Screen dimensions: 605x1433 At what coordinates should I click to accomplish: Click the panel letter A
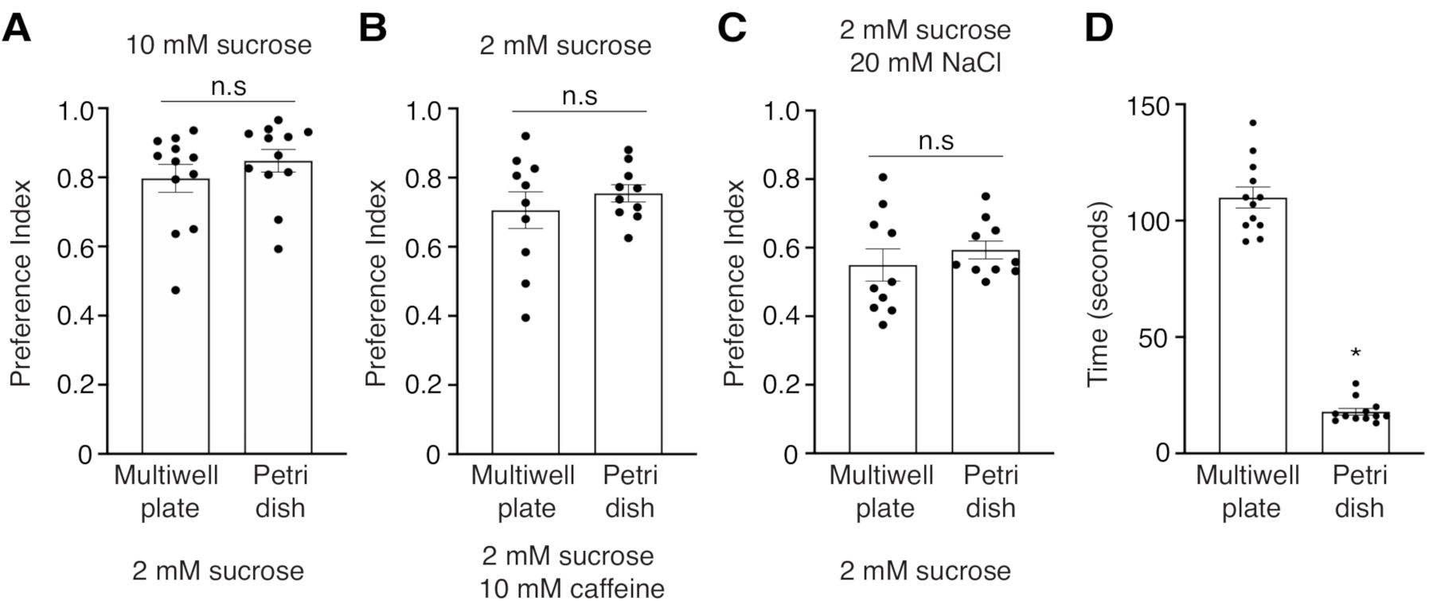click(18, 29)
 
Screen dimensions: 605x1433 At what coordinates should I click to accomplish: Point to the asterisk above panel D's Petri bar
click(1355, 353)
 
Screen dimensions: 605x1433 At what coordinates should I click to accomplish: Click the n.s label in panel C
click(936, 141)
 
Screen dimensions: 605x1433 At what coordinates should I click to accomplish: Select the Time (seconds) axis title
click(1099, 295)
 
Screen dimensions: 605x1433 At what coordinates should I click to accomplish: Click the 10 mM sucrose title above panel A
click(218, 45)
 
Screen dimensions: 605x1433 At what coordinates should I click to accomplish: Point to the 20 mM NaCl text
click(924, 62)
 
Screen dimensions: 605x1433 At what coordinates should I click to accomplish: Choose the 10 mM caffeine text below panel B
click(572, 589)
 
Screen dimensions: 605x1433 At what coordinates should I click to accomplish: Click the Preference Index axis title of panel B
click(376, 283)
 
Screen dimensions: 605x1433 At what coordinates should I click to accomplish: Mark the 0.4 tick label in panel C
click(780, 316)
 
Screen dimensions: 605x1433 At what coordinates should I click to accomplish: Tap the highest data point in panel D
click(1252, 123)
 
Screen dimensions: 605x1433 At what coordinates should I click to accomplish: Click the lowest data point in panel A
click(175, 290)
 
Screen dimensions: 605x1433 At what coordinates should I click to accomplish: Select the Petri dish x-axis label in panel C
click(990, 492)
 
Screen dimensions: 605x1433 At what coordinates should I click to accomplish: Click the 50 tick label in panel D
click(1156, 337)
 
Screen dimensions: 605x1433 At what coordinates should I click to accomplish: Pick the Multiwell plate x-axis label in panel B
click(523, 492)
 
